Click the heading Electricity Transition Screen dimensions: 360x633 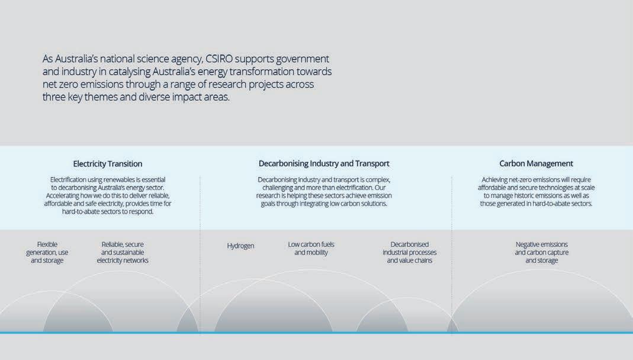[107, 163]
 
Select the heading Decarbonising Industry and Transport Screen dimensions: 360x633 [324, 163]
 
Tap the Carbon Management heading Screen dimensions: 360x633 [536, 163]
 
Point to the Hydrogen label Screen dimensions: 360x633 [240, 246]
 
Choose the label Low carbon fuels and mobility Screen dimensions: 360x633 [311, 248]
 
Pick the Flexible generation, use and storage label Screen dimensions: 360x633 [47, 252]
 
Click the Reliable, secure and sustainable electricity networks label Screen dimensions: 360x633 [123, 252]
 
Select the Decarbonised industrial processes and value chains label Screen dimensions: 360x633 [409, 252]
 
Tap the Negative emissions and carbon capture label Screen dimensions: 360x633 [541, 252]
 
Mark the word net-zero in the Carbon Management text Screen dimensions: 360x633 [521, 179]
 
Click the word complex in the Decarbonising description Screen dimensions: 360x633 [378, 179]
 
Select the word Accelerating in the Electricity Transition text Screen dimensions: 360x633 [65, 195]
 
